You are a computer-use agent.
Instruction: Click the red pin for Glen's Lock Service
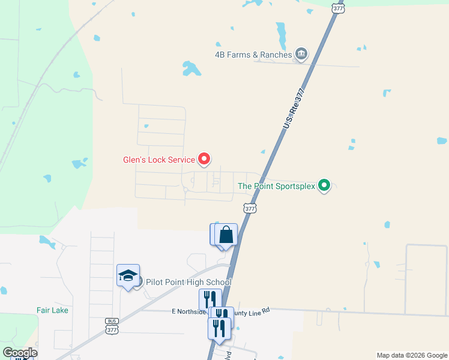205,159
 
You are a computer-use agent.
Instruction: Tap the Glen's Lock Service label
158,160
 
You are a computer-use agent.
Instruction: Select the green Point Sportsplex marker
324,185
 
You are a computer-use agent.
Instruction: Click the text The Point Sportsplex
276,186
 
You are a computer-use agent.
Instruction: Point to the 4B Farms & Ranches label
253,55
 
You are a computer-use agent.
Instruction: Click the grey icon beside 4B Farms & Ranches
301,55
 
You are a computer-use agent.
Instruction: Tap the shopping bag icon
226,235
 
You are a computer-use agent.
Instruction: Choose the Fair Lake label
52,310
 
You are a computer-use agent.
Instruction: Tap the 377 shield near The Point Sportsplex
250,208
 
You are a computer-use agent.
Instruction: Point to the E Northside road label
188,311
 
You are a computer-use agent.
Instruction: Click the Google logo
20,352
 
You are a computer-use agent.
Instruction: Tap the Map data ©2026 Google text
411,355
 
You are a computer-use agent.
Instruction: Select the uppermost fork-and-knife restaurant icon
209,299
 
